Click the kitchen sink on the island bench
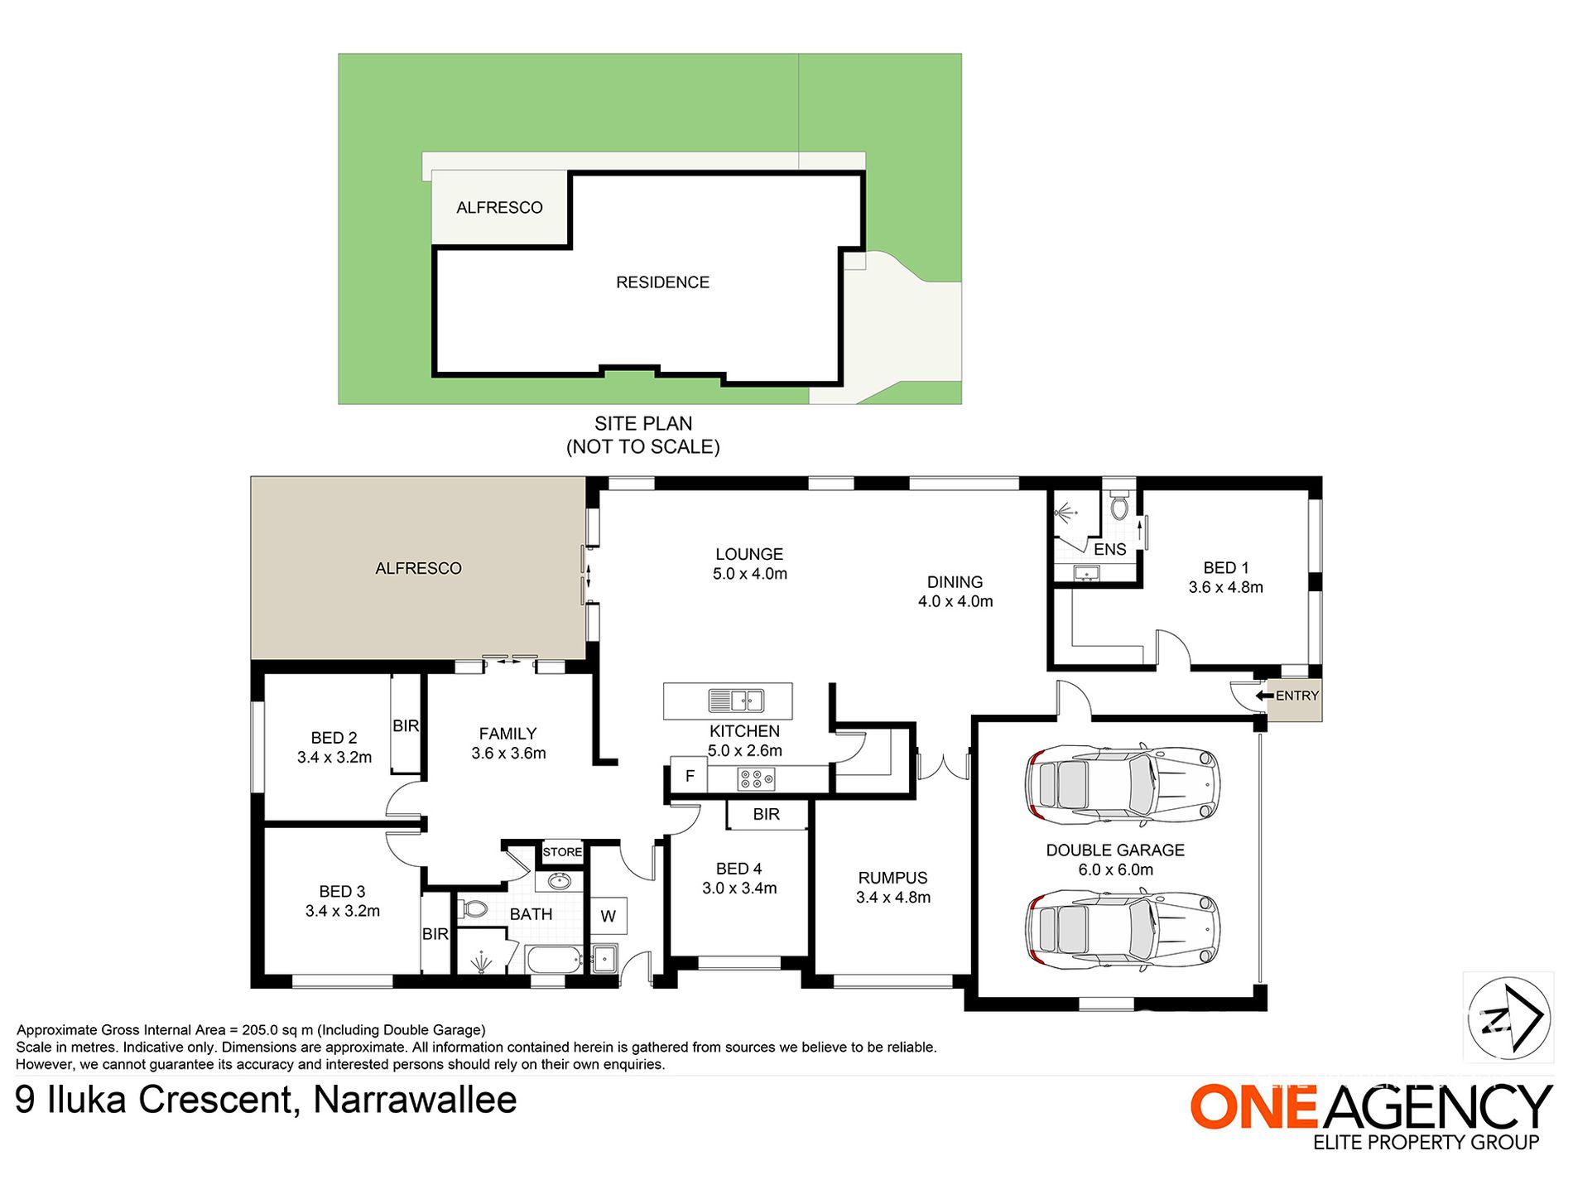(735, 701)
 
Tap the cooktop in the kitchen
(757, 778)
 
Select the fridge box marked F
(690, 776)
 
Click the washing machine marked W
(608, 916)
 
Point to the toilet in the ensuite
(1119, 506)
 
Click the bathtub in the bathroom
(554, 960)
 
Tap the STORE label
(562, 851)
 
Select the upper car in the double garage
(1122, 784)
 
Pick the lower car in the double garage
(1122, 929)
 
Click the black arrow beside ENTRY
(1264, 696)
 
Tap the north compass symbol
(1508, 1017)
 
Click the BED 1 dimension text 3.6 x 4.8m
(1225, 587)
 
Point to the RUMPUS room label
(892, 878)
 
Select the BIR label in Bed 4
(766, 814)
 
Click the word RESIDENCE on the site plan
(662, 282)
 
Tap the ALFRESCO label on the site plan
(499, 208)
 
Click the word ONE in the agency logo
(1254, 1106)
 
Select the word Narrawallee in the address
(415, 1100)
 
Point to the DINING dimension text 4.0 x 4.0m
(955, 601)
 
